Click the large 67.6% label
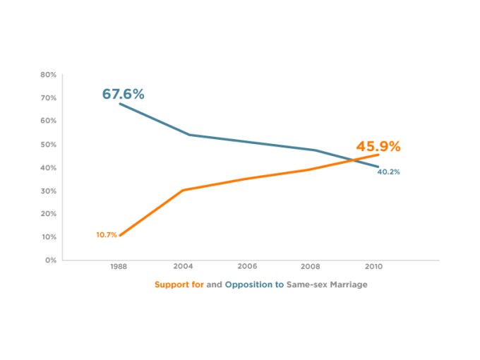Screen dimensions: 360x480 point(123,94)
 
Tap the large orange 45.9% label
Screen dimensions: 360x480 point(378,147)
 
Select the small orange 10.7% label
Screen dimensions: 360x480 point(107,234)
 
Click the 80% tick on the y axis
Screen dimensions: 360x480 point(48,74)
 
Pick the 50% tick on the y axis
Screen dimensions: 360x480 point(48,144)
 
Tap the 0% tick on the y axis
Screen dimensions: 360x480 point(50,260)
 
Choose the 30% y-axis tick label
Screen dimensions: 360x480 point(48,191)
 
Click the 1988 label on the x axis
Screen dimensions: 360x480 point(119,268)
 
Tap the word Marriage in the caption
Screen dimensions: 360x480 point(347,284)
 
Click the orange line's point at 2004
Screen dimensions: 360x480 point(182,190)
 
